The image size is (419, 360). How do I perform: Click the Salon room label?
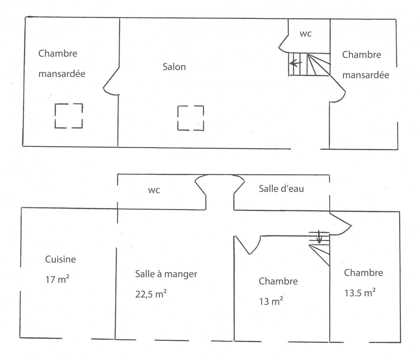click(174, 67)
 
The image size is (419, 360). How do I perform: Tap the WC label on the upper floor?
click(305, 34)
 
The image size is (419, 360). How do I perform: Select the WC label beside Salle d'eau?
click(154, 190)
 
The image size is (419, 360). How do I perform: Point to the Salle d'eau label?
click(281, 189)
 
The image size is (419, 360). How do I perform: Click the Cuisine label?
click(60, 259)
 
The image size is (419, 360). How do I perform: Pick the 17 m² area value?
click(57, 279)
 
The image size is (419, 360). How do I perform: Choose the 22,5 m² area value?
click(151, 294)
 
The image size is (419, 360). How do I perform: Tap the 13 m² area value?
click(271, 301)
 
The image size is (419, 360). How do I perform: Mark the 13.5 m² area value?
click(360, 293)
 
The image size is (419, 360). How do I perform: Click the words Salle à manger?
click(166, 274)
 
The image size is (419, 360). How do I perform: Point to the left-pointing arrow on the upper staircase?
click(296, 64)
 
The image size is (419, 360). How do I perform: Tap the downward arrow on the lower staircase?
click(319, 236)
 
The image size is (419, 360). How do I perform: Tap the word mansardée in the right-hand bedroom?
click(366, 75)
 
